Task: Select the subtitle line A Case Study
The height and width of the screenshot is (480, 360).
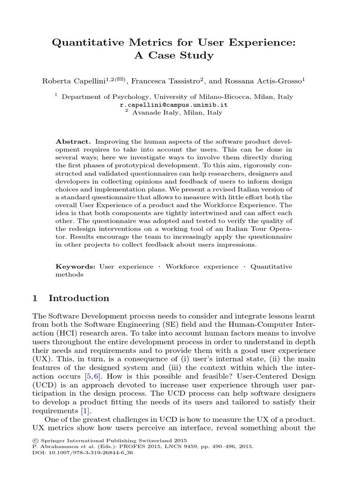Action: [x=180, y=56]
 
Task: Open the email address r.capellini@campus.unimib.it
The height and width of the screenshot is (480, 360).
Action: [x=180, y=105]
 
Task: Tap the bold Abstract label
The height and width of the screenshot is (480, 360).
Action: [x=74, y=141]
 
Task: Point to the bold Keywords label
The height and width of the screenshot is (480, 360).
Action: [x=75, y=266]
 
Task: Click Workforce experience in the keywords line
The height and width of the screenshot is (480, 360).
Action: [x=202, y=266]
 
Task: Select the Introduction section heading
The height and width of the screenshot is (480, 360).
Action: [x=79, y=298]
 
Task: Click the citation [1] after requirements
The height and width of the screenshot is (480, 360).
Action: [x=85, y=411]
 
